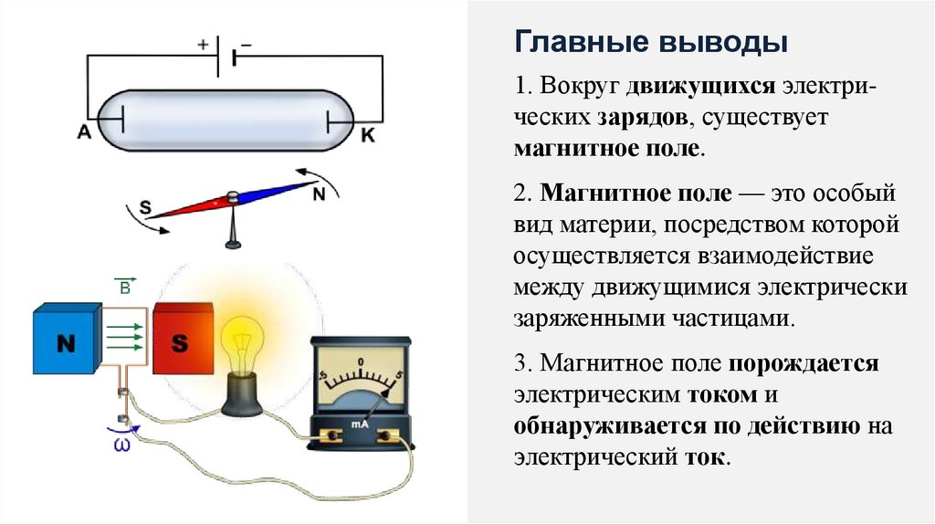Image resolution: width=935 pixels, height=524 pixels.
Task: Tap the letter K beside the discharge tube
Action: [368, 136]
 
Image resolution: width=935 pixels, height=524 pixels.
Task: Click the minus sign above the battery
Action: [246, 42]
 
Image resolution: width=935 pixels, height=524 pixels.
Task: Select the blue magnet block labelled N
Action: [65, 344]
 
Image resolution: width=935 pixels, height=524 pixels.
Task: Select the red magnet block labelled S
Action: [181, 344]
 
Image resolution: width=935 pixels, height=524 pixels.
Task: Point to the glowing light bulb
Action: [243, 341]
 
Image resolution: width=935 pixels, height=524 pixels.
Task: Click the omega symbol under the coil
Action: [121, 445]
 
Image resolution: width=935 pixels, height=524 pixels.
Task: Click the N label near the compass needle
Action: [319, 194]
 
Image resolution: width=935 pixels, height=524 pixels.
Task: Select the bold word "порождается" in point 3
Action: [804, 364]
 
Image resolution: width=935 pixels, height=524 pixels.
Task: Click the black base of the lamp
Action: [244, 395]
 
